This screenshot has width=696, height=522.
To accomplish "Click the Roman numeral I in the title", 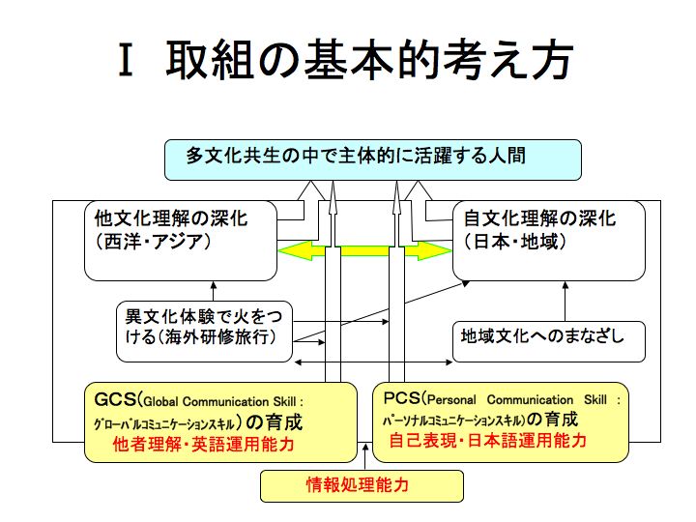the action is pyautogui.click(x=126, y=60).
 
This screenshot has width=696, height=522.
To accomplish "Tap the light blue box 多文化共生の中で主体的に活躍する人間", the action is pyautogui.click(x=373, y=159).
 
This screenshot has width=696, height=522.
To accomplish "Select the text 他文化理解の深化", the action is pyautogui.click(x=171, y=218).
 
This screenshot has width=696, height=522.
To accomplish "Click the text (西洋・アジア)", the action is pyautogui.click(x=153, y=242).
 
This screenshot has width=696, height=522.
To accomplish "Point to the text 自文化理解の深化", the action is pyautogui.click(x=539, y=218).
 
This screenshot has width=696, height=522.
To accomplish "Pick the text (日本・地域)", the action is pyautogui.click(x=515, y=242).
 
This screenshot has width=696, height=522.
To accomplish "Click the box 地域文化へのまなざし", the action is pyautogui.click(x=549, y=342).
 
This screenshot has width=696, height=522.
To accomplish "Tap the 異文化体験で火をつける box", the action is pyautogui.click(x=205, y=332).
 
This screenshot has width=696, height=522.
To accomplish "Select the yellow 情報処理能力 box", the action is pyautogui.click(x=362, y=486).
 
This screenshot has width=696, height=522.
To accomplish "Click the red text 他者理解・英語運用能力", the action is pyautogui.click(x=204, y=445).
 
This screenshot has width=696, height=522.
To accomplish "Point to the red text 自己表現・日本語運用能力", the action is pyautogui.click(x=488, y=441).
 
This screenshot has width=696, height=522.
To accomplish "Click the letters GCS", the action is pyautogui.click(x=115, y=399).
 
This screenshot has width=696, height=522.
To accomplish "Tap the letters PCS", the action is pyautogui.click(x=402, y=397).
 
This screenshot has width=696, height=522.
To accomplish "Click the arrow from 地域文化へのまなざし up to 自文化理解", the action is pyautogui.click(x=565, y=302).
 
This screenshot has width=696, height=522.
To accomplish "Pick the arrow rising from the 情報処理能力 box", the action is pyautogui.click(x=365, y=456).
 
